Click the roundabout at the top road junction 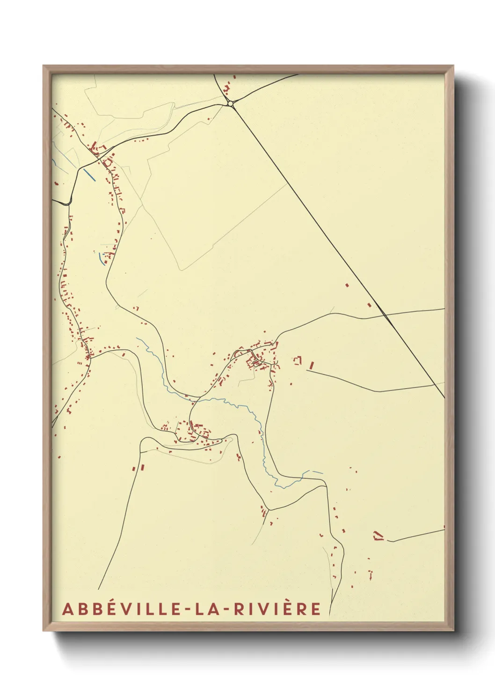pyautogui.click(x=230, y=103)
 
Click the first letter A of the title pyautogui.click(x=67, y=609)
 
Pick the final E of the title pyautogui.click(x=316, y=609)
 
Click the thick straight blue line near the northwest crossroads pyautogui.click(x=89, y=174)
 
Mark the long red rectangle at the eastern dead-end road pyautogui.click(x=311, y=365)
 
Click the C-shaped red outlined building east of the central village pyautogui.click(x=297, y=360)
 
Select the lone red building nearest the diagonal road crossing pyautogui.click(x=369, y=305)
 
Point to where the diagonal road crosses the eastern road pyautogui.click(x=386, y=316)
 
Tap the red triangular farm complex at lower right pyautogui.click(x=378, y=535)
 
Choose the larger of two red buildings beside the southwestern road pyautogui.click(x=142, y=467)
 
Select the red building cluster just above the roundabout pyautogui.click(x=228, y=88)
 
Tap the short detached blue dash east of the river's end pyautogui.click(x=318, y=472)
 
